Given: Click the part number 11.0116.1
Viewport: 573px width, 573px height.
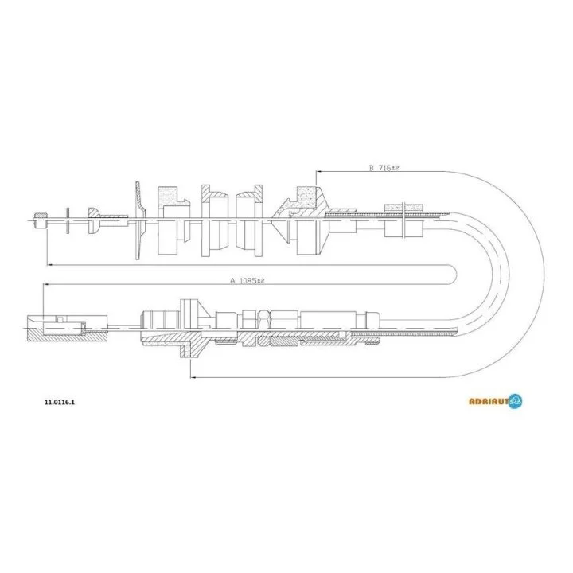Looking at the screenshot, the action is click(x=60, y=403).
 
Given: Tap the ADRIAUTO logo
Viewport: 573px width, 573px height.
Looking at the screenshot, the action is click(x=496, y=401).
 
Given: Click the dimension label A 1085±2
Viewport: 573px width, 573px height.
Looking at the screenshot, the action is click(x=247, y=281).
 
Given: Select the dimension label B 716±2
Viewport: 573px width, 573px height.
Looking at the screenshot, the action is click(x=384, y=168).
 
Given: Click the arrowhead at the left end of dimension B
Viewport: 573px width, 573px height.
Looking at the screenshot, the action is click(x=318, y=171).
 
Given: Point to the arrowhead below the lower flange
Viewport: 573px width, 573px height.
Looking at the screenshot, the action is click(x=193, y=377).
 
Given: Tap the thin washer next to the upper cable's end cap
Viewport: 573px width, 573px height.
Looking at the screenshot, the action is click(x=68, y=220).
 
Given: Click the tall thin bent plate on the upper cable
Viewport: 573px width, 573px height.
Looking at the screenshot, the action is click(x=139, y=220).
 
